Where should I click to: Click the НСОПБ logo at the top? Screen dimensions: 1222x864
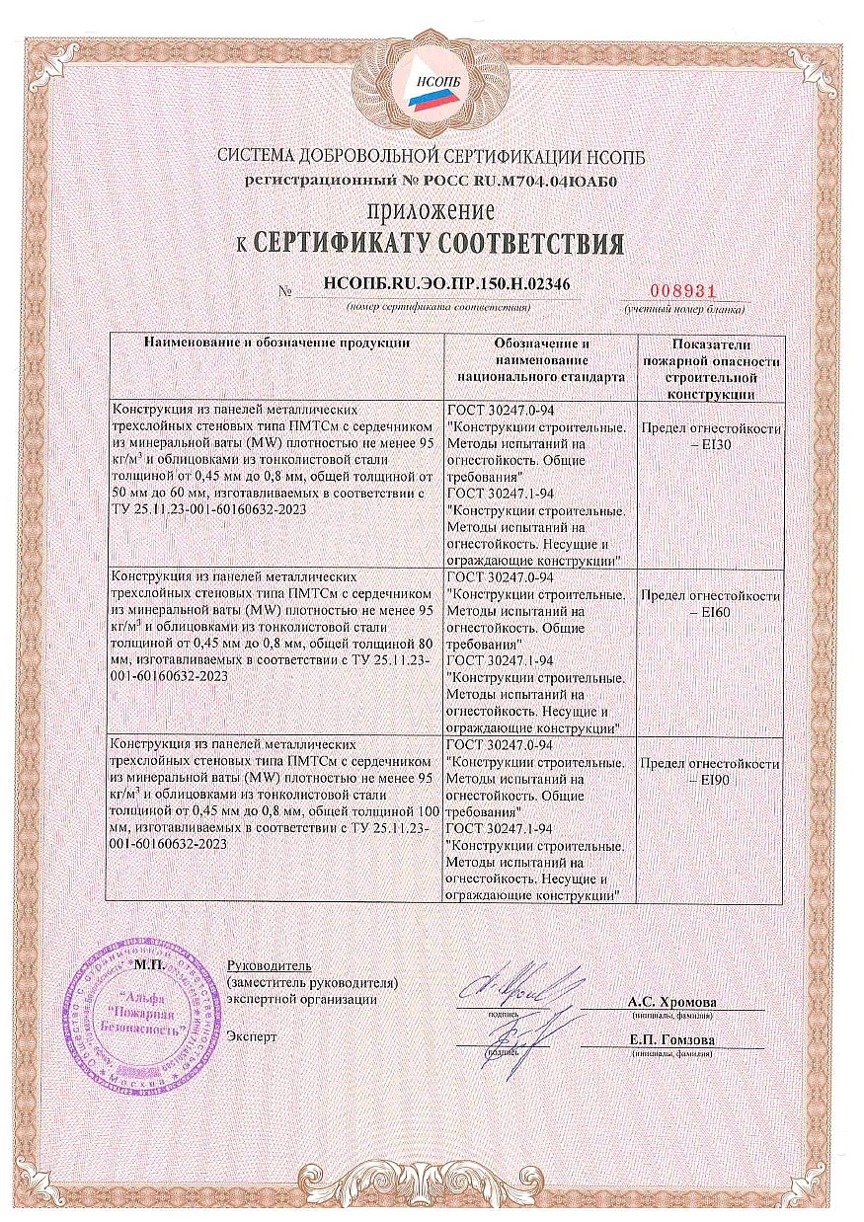coord(432,86)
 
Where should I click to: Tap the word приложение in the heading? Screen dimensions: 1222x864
coord(432,211)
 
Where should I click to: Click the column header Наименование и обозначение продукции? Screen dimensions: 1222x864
coord(277,344)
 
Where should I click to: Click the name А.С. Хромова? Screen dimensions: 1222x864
coord(672,1002)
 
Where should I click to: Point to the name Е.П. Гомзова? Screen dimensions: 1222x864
coord(672,1041)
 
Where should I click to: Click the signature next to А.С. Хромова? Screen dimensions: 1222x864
coord(507,985)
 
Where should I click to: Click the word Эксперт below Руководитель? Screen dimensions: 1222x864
coord(252,1036)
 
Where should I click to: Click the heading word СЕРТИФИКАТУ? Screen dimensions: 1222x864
coord(377,244)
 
